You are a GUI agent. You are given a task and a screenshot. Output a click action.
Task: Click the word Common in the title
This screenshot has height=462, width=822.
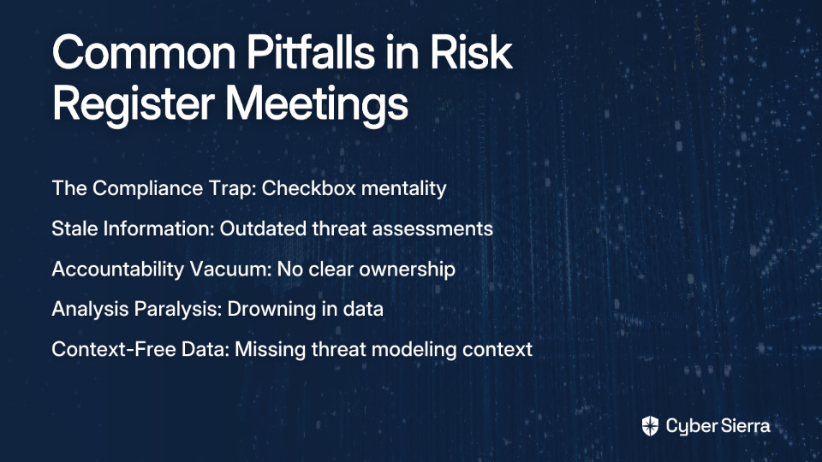pos(144,52)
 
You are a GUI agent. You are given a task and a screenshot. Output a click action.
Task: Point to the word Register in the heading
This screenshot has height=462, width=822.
pos(134,104)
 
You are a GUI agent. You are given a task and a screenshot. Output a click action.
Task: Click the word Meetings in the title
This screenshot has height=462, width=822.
pos(317,104)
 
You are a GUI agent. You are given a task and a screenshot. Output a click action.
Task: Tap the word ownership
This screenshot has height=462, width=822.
pos(408,269)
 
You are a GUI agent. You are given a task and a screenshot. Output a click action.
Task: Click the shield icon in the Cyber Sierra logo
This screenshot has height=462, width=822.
pos(650,426)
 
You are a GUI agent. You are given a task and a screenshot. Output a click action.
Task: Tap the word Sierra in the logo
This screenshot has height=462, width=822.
pos(744,426)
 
